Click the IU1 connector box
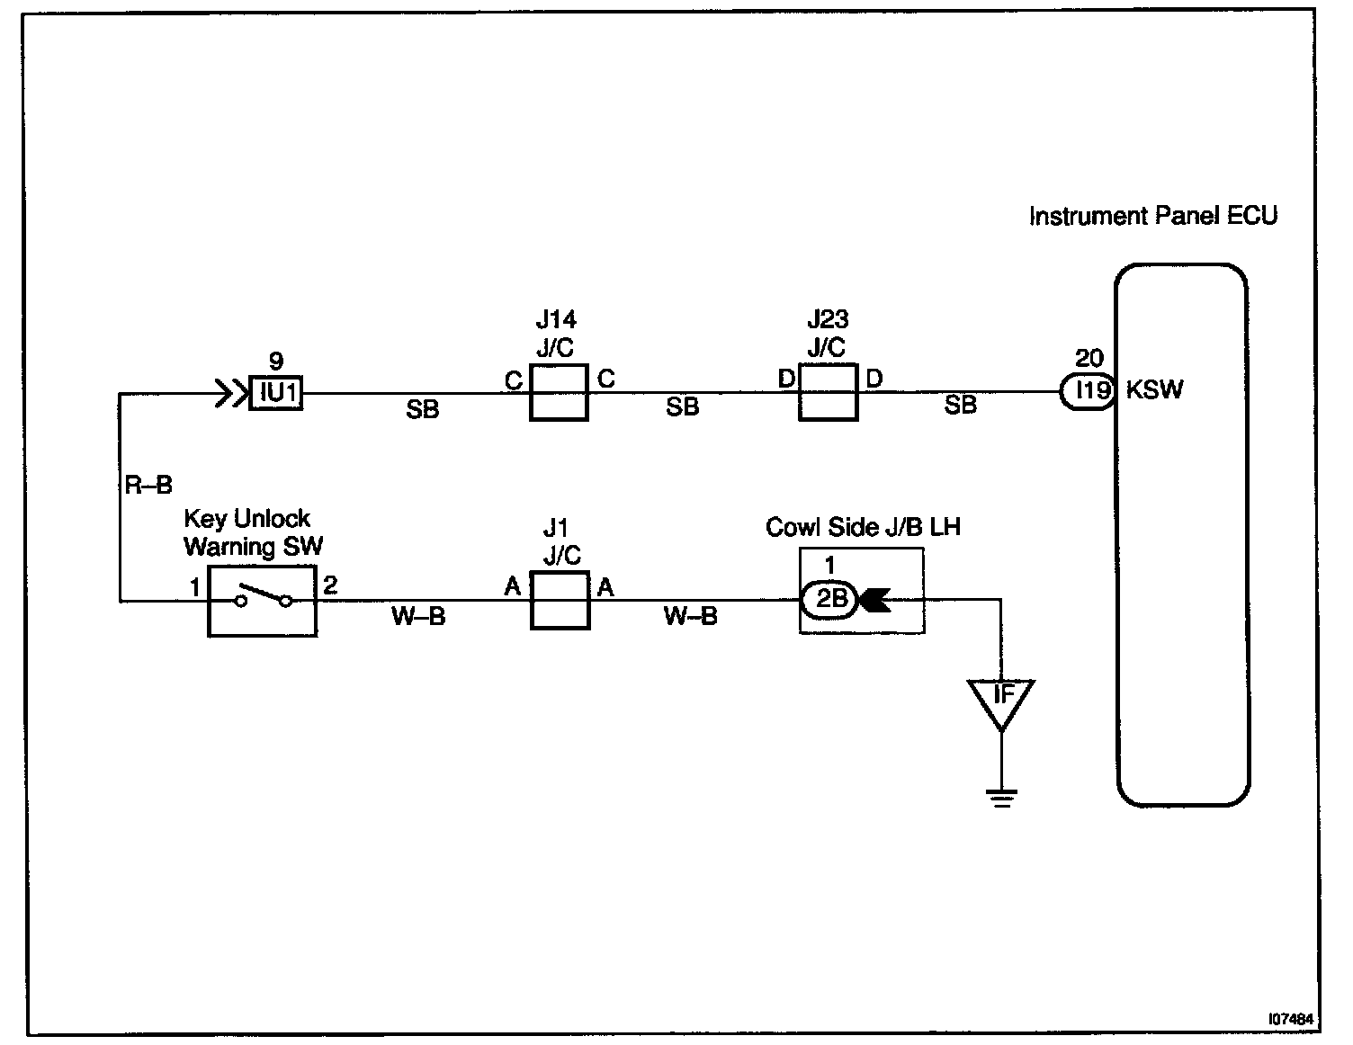coord(276,393)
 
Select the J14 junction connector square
coord(559,392)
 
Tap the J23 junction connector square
coord(828,392)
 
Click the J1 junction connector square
coord(560,600)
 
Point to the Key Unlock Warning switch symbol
coord(263,600)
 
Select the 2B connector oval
coord(830,599)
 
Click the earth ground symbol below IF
coord(1002,796)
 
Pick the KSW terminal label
coord(1155,391)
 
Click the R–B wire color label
coord(148,487)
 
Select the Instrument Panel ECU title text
coord(1152,217)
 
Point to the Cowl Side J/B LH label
coord(863,527)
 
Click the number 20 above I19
coord(1089,359)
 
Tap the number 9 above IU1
coord(276,362)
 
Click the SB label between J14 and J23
coord(683,408)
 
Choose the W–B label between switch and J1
coord(418,617)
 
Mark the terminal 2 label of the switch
coord(330,585)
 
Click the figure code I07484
coord(1291,1020)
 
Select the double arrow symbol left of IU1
coord(230,393)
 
